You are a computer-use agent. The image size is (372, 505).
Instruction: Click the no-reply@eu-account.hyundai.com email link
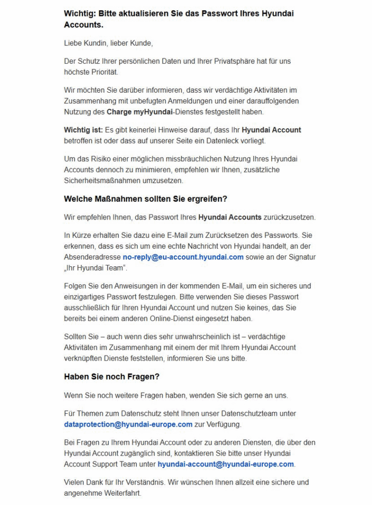pos(183,257)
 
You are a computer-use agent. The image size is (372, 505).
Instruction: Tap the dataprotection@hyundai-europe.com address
pos(128,424)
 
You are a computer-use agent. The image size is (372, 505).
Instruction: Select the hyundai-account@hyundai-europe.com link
pos(225,464)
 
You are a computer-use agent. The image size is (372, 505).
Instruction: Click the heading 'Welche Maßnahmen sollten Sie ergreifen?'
pos(145,199)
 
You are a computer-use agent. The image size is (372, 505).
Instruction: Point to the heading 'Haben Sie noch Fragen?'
pos(112,377)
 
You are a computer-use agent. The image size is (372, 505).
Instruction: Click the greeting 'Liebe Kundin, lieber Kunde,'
pos(109,43)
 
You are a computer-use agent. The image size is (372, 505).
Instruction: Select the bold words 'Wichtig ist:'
pos(83,130)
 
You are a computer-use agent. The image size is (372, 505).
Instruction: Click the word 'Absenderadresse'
pos(92,257)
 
